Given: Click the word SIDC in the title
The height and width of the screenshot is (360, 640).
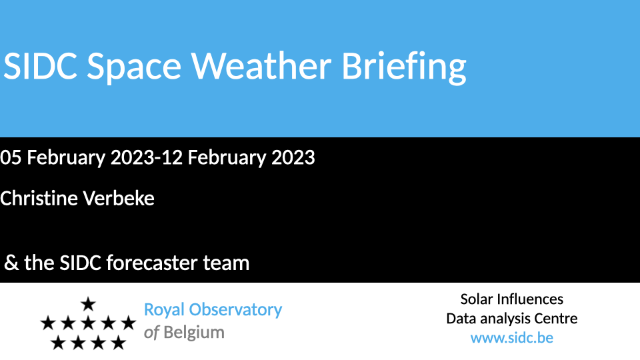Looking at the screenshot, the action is click(x=41, y=66).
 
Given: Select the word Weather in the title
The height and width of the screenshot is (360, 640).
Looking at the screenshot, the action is click(x=261, y=66).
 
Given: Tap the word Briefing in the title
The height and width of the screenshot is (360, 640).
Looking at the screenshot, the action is click(x=404, y=68).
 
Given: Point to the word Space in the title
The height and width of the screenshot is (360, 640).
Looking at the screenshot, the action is click(x=134, y=68).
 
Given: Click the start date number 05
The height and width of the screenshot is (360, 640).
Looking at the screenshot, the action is click(x=10, y=157).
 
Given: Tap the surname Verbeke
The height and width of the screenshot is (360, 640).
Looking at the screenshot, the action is click(x=119, y=199).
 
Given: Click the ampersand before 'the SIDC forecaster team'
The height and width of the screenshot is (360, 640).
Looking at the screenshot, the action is click(x=11, y=263).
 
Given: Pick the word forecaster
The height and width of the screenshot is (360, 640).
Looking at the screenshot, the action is click(x=152, y=263).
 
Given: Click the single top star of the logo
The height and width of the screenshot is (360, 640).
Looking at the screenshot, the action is click(x=88, y=304).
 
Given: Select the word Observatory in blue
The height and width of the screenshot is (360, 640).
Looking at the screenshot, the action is click(x=235, y=309).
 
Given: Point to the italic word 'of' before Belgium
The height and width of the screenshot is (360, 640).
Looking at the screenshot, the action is click(x=151, y=332).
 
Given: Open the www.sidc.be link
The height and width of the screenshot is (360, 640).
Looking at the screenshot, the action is click(x=512, y=338).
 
